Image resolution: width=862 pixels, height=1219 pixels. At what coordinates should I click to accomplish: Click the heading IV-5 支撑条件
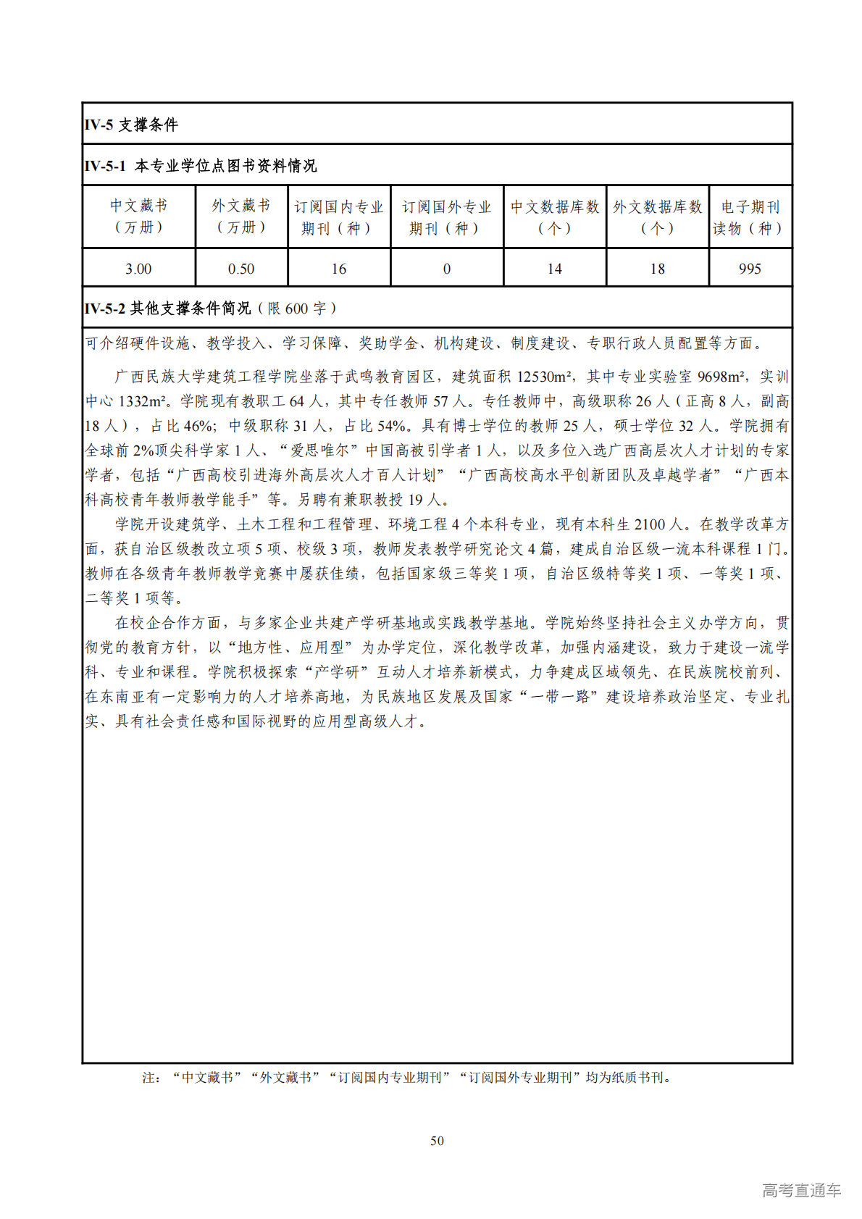[131, 125]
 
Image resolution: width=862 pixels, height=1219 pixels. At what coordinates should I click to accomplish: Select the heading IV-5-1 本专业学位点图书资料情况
[201, 166]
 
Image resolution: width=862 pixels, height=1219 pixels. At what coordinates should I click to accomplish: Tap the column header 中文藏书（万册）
[138, 217]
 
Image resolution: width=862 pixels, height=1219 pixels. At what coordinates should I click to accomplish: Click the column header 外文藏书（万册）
[241, 217]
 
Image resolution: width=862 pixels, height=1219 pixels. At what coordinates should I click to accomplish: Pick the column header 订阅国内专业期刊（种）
[338, 217]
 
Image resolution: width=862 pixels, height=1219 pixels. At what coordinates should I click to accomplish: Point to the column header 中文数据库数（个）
[554, 217]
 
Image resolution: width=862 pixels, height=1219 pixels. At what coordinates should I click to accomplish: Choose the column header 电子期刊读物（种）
[750, 217]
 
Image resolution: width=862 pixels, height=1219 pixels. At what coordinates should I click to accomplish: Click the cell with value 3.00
[138, 269]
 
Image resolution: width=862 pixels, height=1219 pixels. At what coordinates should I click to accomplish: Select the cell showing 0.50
[241, 269]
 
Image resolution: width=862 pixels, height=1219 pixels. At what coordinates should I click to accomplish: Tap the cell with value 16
[338, 269]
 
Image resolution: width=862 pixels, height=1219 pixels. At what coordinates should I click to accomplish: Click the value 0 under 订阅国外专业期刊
[446, 269]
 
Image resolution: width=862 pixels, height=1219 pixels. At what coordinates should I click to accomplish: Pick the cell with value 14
[554, 269]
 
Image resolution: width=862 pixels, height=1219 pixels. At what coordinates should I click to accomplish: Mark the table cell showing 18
[657, 269]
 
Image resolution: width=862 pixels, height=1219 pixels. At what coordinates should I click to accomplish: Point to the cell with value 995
[750, 269]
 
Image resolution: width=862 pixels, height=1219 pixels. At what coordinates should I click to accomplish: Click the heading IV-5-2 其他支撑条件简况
[167, 309]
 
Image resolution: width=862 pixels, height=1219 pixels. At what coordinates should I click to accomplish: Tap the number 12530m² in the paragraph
[545, 377]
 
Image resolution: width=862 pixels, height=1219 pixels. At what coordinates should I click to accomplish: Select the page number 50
[437, 1141]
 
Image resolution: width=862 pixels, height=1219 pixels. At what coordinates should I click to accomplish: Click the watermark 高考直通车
[801, 1189]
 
